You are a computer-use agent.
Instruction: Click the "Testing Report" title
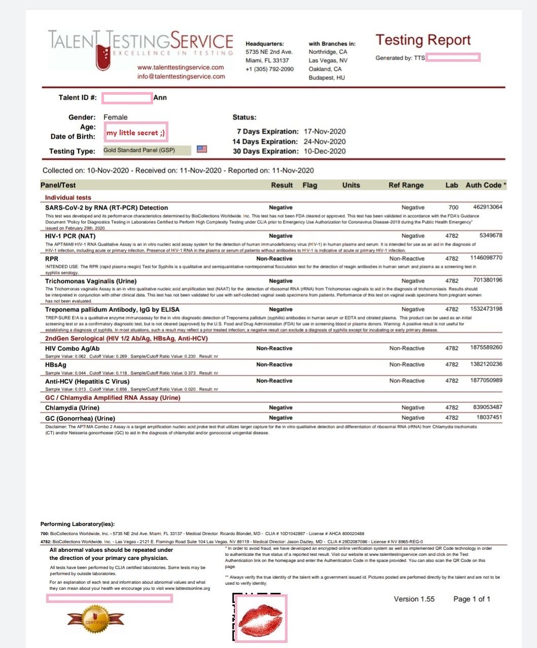pyautogui.click(x=423, y=40)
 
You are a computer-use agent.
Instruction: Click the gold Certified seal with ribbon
pyautogui.click(x=96, y=619)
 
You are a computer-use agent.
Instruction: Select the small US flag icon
pyautogui.click(x=202, y=149)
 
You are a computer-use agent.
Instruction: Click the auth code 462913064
pyautogui.click(x=487, y=207)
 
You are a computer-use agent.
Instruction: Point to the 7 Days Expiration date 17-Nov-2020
pyautogui.click(x=325, y=132)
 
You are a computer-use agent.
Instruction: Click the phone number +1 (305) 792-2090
pyautogui.click(x=269, y=69)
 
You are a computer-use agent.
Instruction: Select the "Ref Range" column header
pyautogui.click(x=406, y=185)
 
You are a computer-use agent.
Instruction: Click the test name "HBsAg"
pyautogui.click(x=56, y=365)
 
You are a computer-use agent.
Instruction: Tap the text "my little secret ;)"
pyautogui.click(x=135, y=133)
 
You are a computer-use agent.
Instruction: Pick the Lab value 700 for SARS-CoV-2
pyautogui.click(x=453, y=208)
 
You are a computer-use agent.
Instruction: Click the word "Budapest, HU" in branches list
pyautogui.click(x=327, y=78)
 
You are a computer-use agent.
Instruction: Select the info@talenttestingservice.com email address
pyautogui.click(x=181, y=76)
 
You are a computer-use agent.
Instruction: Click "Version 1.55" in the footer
pyautogui.click(x=414, y=599)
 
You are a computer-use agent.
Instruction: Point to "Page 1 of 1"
pyautogui.click(x=472, y=599)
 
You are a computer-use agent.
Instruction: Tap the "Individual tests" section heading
pyautogui.click(x=68, y=198)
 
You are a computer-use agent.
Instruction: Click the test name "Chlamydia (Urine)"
pyautogui.click(x=72, y=408)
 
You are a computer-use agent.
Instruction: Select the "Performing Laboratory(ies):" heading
pyautogui.click(x=78, y=524)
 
